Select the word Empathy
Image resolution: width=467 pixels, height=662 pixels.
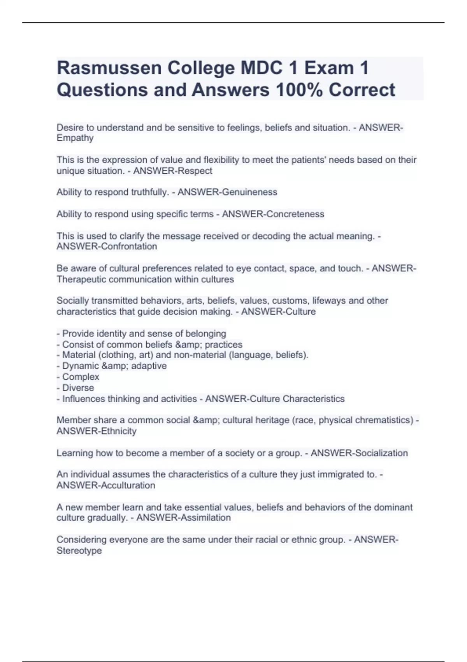click(x=75, y=138)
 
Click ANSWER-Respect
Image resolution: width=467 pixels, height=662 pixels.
click(x=172, y=171)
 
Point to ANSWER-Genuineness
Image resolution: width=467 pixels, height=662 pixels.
click(x=227, y=192)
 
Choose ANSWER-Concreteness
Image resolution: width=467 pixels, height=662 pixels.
click(x=273, y=214)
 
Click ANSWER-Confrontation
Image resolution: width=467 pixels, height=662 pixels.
click(x=107, y=246)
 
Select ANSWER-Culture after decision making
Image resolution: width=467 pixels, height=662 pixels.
click(x=278, y=312)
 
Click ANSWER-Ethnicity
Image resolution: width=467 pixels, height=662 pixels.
click(x=97, y=431)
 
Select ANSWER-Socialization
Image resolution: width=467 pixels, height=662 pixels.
click(x=359, y=453)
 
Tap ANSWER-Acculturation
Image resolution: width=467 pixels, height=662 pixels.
click(x=105, y=486)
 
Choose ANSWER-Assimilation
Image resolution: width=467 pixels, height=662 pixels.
click(x=183, y=518)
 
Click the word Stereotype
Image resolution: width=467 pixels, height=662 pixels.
click(x=79, y=551)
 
